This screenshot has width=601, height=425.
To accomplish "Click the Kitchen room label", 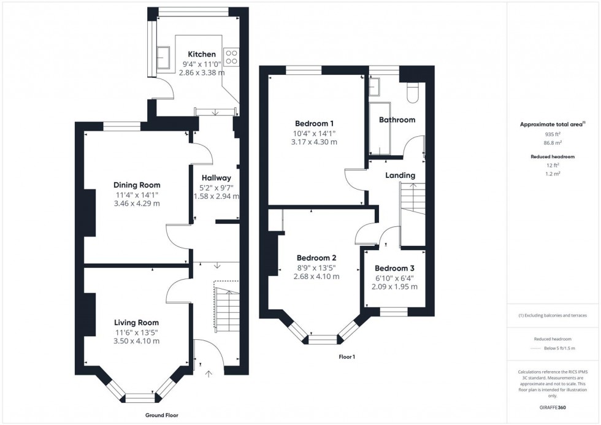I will (202, 55).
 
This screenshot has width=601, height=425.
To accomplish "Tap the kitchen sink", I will (164, 56).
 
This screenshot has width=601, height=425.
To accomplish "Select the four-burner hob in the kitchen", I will (232, 57).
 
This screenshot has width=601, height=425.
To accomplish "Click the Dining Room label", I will (137, 185).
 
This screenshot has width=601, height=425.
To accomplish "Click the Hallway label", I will (213, 178).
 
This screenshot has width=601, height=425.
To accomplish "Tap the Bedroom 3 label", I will (394, 269).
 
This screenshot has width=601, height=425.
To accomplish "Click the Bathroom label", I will (397, 120).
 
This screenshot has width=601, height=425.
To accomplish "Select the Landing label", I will (400, 175).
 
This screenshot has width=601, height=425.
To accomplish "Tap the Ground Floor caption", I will (163, 415).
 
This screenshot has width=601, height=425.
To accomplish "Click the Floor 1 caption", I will (347, 356).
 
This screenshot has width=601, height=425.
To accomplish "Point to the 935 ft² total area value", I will (553, 134).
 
